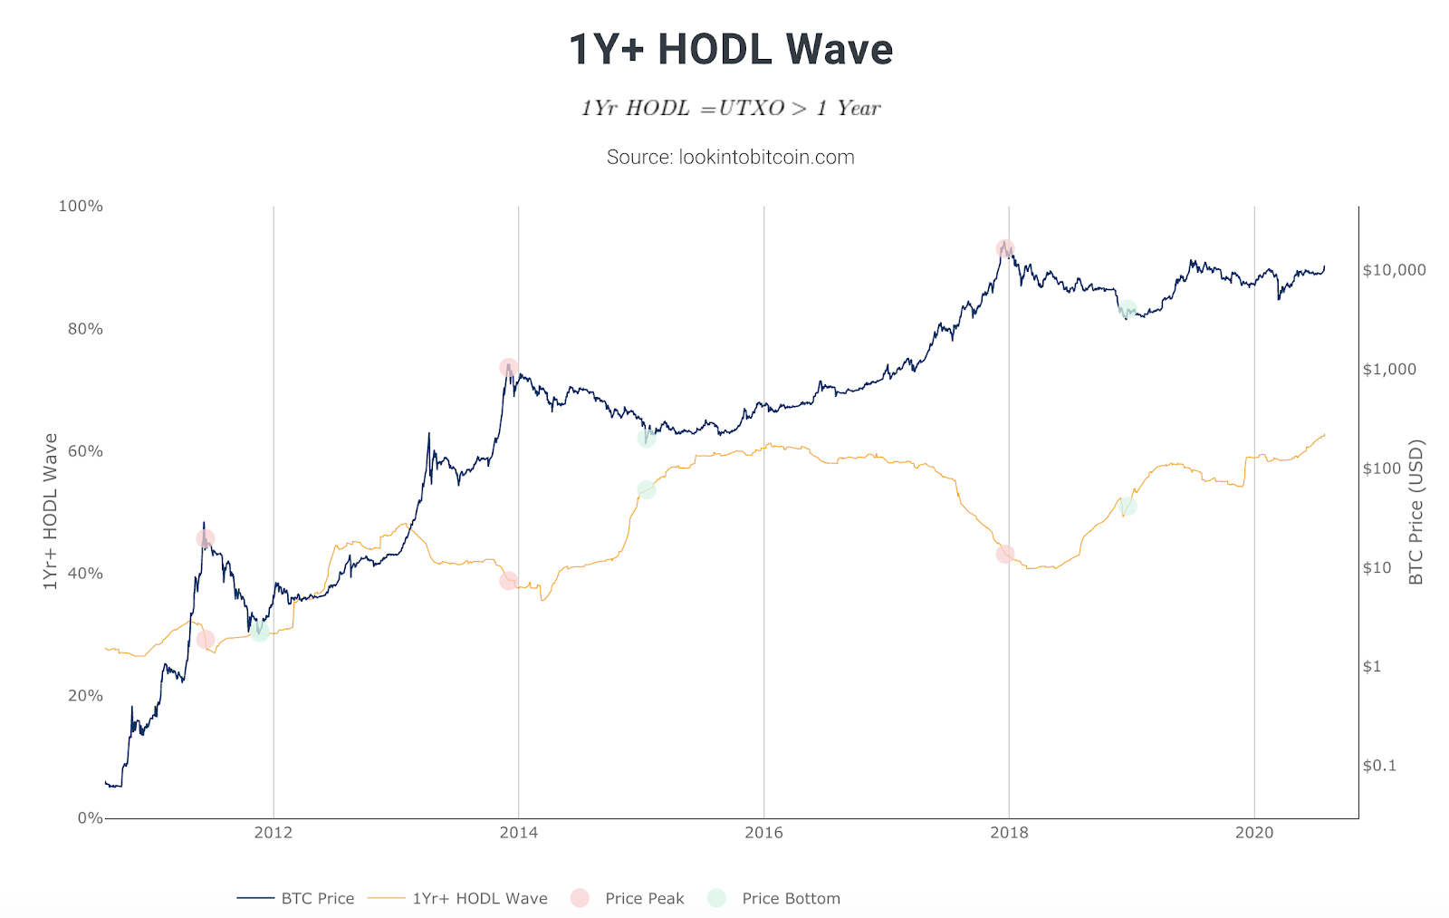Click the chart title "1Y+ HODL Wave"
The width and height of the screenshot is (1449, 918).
pyautogui.click(x=731, y=50)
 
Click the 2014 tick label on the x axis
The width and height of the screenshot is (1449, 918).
pyautogui.click(x=518, y=833)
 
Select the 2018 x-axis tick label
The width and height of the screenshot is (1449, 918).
pyautogui.click(x=1009, y=833)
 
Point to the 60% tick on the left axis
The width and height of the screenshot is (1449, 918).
pyautogui.click(x=85, y=451)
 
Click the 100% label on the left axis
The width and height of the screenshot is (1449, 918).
pyautogui.click(x=81, y=207)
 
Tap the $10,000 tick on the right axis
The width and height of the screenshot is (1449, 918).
pyautogui.click(x=1394, y=270)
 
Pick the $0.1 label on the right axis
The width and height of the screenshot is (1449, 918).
pyautogui.click(x=1379, y=766)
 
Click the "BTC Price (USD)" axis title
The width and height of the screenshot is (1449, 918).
pyautogui.click(x=1416, y=512)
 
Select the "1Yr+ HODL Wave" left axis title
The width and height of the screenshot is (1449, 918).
pyautogui.click(x=51, y=512)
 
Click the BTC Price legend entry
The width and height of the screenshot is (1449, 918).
pyautogui.click(x=296, y=899)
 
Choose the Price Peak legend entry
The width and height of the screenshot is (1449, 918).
pyautogui.click(x=628, y=899)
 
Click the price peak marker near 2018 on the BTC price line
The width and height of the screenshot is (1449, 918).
pyautogui.click(x=1004, y=249)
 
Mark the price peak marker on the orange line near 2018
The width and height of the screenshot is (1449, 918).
pyautogui.click(x=1004, y=555)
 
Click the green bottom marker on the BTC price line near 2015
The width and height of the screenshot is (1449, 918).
pyautogui.click(x=646, y=439)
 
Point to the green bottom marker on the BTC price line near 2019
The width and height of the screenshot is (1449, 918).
pyautogui.click(x=1128, y=310)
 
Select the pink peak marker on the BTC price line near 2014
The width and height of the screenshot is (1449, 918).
pyautogui.click(x=508, y=368)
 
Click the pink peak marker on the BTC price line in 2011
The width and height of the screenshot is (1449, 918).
pyautogui.click(x=206, y=539)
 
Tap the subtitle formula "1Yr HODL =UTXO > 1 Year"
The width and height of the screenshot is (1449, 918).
pyautogui.click(x=731, y=109)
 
